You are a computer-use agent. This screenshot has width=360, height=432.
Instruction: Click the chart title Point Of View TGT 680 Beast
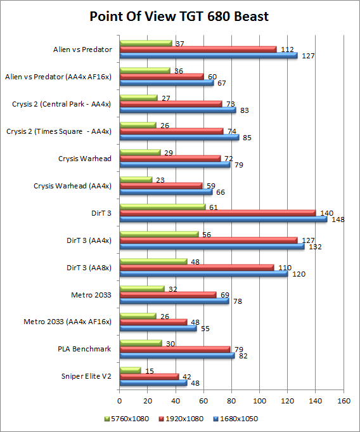[x=179, y=16]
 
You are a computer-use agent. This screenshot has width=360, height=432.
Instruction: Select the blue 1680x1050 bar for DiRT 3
[x=223, y=219]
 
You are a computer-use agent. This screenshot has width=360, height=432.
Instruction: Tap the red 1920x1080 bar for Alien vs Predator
[x=198, y=49]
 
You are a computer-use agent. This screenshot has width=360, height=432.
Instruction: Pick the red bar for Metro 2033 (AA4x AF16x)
[x=153, y=322]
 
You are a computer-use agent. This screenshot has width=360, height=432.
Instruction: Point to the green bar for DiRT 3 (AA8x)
[x=153, y=261]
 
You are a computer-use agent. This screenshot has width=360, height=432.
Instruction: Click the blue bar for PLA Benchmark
[x=177, y=355]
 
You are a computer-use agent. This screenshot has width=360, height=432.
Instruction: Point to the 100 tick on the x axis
[x=260, y=401]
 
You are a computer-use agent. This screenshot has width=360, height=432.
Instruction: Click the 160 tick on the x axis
[x=344, y=401]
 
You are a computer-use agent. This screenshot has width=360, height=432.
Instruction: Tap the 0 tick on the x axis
[x=120, y=401]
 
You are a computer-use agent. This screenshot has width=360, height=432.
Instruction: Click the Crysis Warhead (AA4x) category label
[x=72, y=186]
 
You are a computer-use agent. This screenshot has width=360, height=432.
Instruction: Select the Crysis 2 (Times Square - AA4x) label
[x=59, y=131]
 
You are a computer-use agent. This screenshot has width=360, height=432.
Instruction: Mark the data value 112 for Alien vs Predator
[x=286, y=49]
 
